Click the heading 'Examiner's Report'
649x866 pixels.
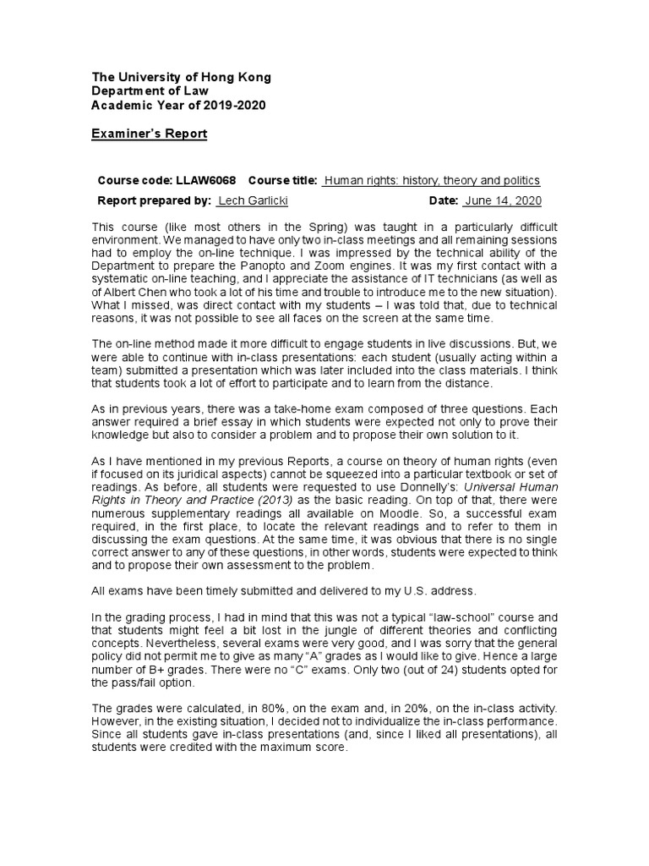click(149, 134)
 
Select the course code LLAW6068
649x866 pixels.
click(206, 180)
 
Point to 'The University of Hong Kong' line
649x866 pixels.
click(182, 77)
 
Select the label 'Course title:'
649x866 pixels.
click(284, 180)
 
